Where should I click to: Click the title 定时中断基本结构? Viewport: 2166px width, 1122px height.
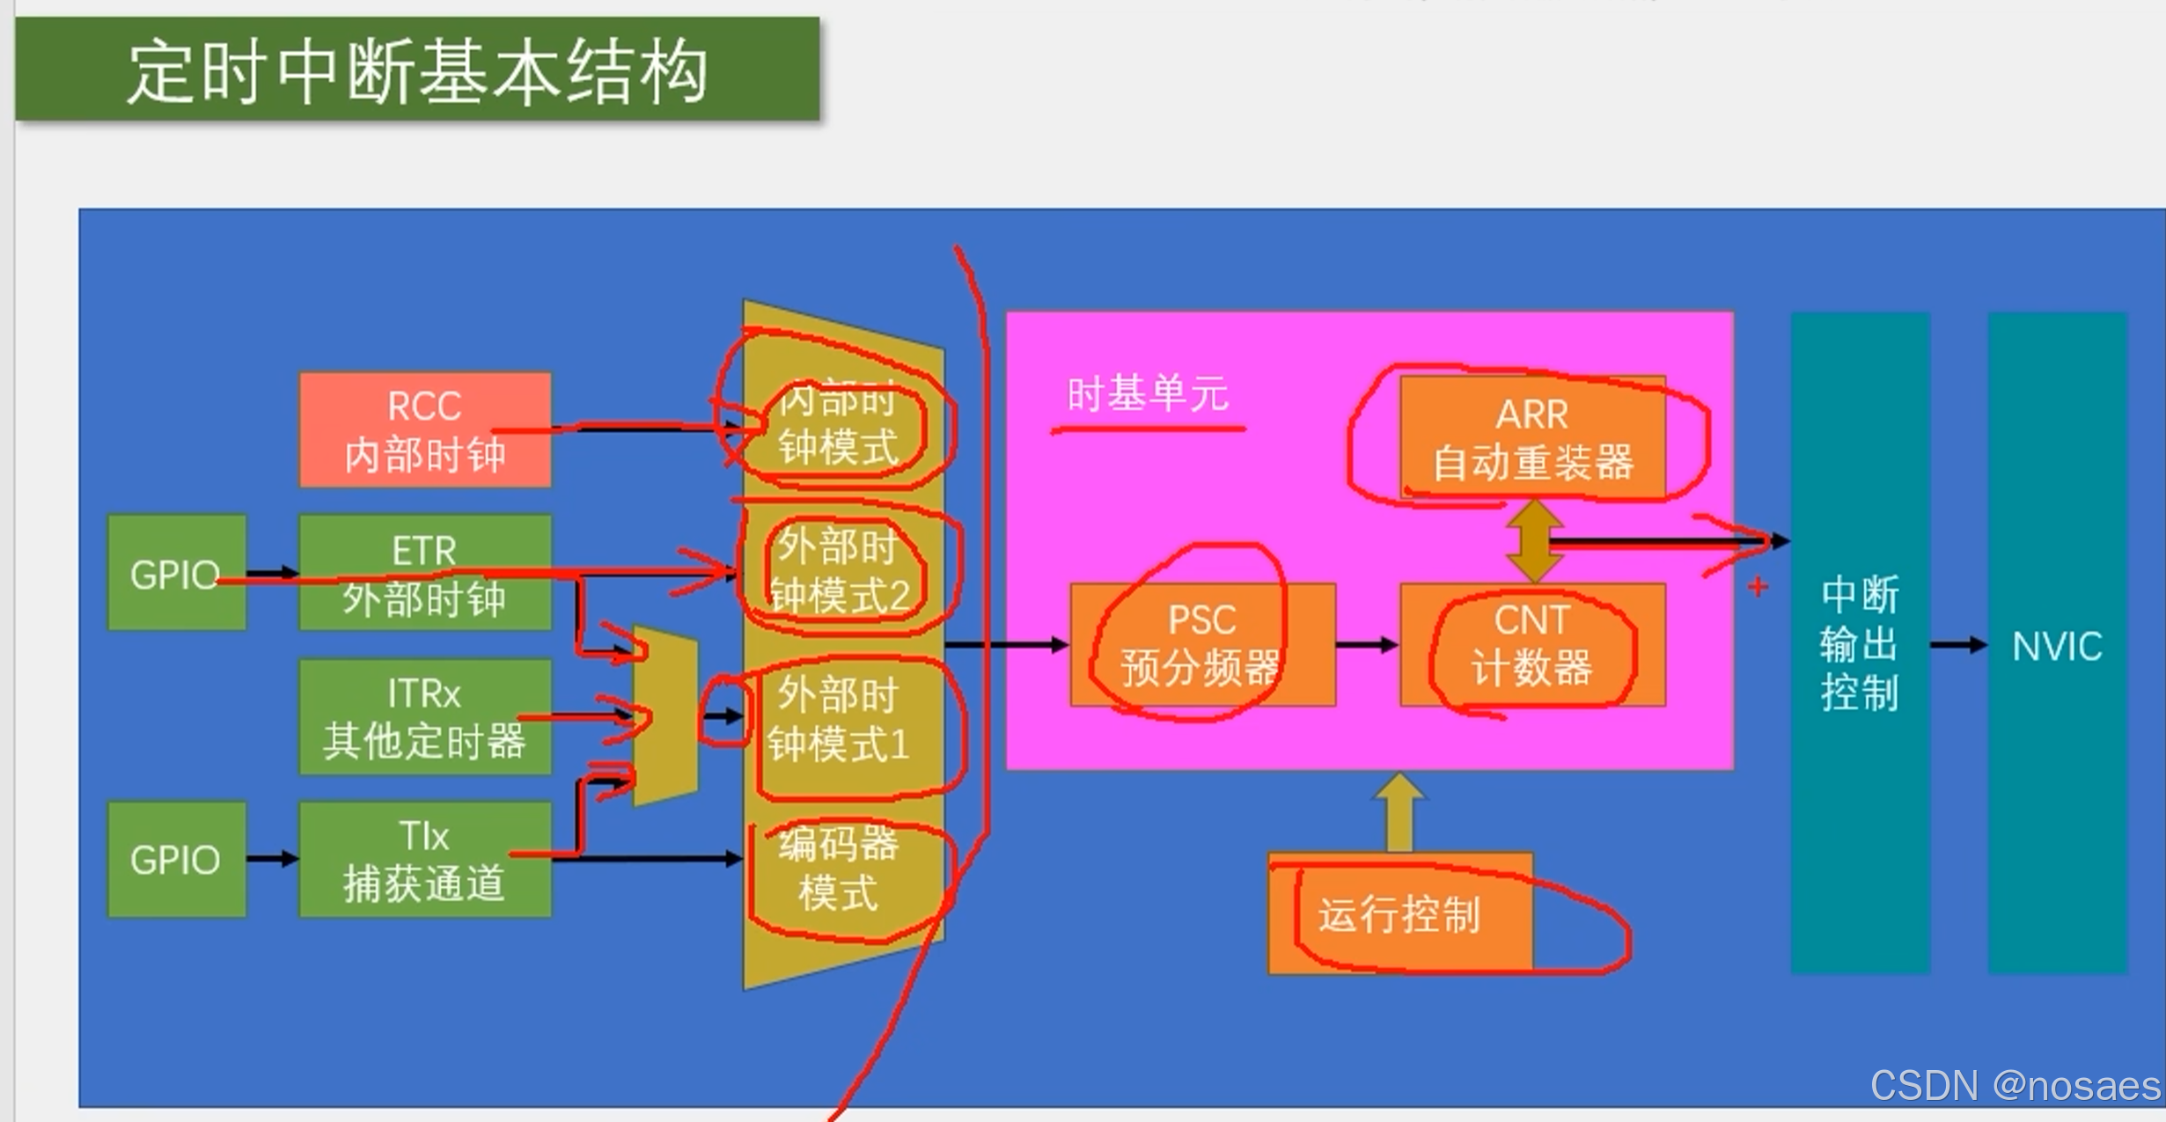pyautogui.click(x=417, y=70)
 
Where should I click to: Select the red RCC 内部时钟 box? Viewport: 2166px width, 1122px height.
pyautogui.click(x=425, y=429)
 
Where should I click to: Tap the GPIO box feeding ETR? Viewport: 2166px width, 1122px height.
pyautogui.click(x=176, y=573)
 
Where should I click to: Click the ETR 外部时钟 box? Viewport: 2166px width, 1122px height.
pyautogui.click(x=425, y=573)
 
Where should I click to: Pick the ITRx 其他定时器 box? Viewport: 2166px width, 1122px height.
pyautogui.click(x=425, y=716)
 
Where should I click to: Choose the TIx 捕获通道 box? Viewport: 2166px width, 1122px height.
pyautogui.click(x=425, y=859)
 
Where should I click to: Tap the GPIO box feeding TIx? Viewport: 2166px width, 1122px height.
pyautogui.click(x=176, y=859)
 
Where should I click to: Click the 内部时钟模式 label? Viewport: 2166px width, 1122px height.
pyautogui.click(x=838, y=424)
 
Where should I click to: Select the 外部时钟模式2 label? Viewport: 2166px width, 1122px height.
pyautogui.click(x=838, y=570)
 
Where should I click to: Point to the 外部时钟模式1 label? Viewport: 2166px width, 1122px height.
pyautogui.click(x=838, y=720)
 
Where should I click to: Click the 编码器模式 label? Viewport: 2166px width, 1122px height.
pyautogui.click(x=838, y=869)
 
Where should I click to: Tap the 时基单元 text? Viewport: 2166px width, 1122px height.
pyautogui.click(x=1147, y=394)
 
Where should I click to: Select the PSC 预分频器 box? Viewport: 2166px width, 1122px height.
pyautogui.click(x=1202, y=644)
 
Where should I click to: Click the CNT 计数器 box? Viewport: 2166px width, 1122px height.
pyautogui.click(x=1532, y=644)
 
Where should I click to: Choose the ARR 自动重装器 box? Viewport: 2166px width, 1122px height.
pyautogui.click(x=1532, y=437)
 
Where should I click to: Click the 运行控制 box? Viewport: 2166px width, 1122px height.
pyautogui.click(x=1399, y=913)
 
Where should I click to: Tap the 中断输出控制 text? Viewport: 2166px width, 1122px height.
pyautogui.click(x=1860, y=644)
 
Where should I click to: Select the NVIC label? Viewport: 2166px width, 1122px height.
pyautogui.click(x=2057, y=646)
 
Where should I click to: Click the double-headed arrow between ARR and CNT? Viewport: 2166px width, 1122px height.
pyautogui.click(x=1534, y=541)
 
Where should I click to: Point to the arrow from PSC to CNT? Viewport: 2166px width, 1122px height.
pyautogui.click(x=1367, y=645)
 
